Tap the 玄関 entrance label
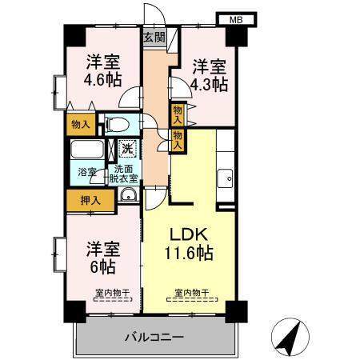coord(154,37)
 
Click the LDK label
coord(190,235)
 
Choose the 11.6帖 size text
coord(190,254)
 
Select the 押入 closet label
coord(83,200)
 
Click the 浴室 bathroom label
coord(86,172)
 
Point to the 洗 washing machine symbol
coord(127,148)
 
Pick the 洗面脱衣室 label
coord(125,174)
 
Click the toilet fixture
coord(118,125)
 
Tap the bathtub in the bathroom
coord(86,151)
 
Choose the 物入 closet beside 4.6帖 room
coord(80,124)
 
